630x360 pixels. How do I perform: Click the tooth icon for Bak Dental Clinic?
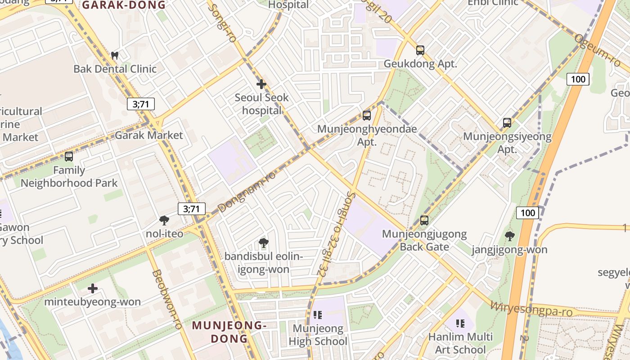point(115,56)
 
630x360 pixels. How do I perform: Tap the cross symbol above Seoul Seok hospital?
point(261,84)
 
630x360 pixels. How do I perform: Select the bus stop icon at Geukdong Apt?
point(420,50)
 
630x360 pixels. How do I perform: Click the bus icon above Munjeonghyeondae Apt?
point(367,116)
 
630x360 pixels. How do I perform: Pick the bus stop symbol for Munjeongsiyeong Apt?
point(507,122)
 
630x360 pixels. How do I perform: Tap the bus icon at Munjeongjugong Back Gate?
point(424,220)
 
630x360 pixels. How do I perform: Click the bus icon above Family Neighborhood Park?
point(69,157)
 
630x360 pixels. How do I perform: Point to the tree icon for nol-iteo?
point(164,220)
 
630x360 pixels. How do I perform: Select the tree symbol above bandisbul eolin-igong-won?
point(264,243)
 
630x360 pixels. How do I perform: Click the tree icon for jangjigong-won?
point(510,236)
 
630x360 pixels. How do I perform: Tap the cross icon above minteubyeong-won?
point(93,288)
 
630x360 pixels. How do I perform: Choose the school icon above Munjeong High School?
point(318,315)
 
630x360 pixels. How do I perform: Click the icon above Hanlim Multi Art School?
point(460,323)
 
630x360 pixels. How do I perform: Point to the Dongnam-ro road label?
point(247,191)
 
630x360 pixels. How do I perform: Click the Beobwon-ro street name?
point(166,299)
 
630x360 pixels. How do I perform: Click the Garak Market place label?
point(149,135)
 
